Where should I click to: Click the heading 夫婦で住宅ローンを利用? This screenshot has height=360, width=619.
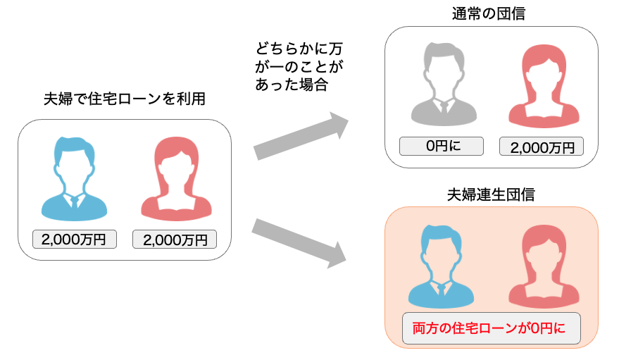click(x=125, y=99)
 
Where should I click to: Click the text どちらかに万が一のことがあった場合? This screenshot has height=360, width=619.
click(x=299, y=68)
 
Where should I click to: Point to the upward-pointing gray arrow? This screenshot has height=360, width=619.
click(x=301, y=135)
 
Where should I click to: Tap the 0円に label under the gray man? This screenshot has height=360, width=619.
click(x=442, y=147)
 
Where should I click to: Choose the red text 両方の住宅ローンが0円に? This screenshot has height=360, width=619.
click(x=491, y=328)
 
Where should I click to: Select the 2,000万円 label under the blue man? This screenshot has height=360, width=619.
click(x=74, y=240)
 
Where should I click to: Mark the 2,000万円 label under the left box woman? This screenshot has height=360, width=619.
click(x=175, y=240)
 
